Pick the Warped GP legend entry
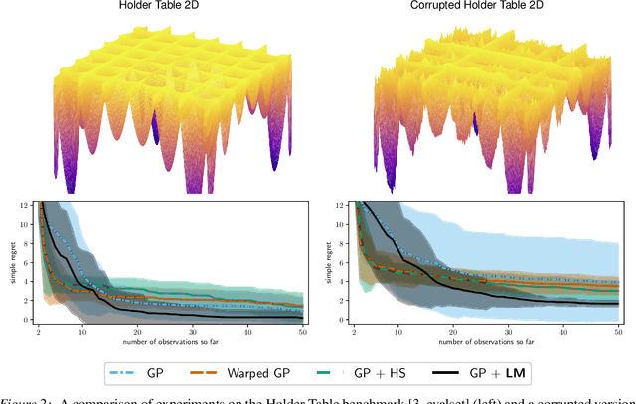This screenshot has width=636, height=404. [x=283, y=373]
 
